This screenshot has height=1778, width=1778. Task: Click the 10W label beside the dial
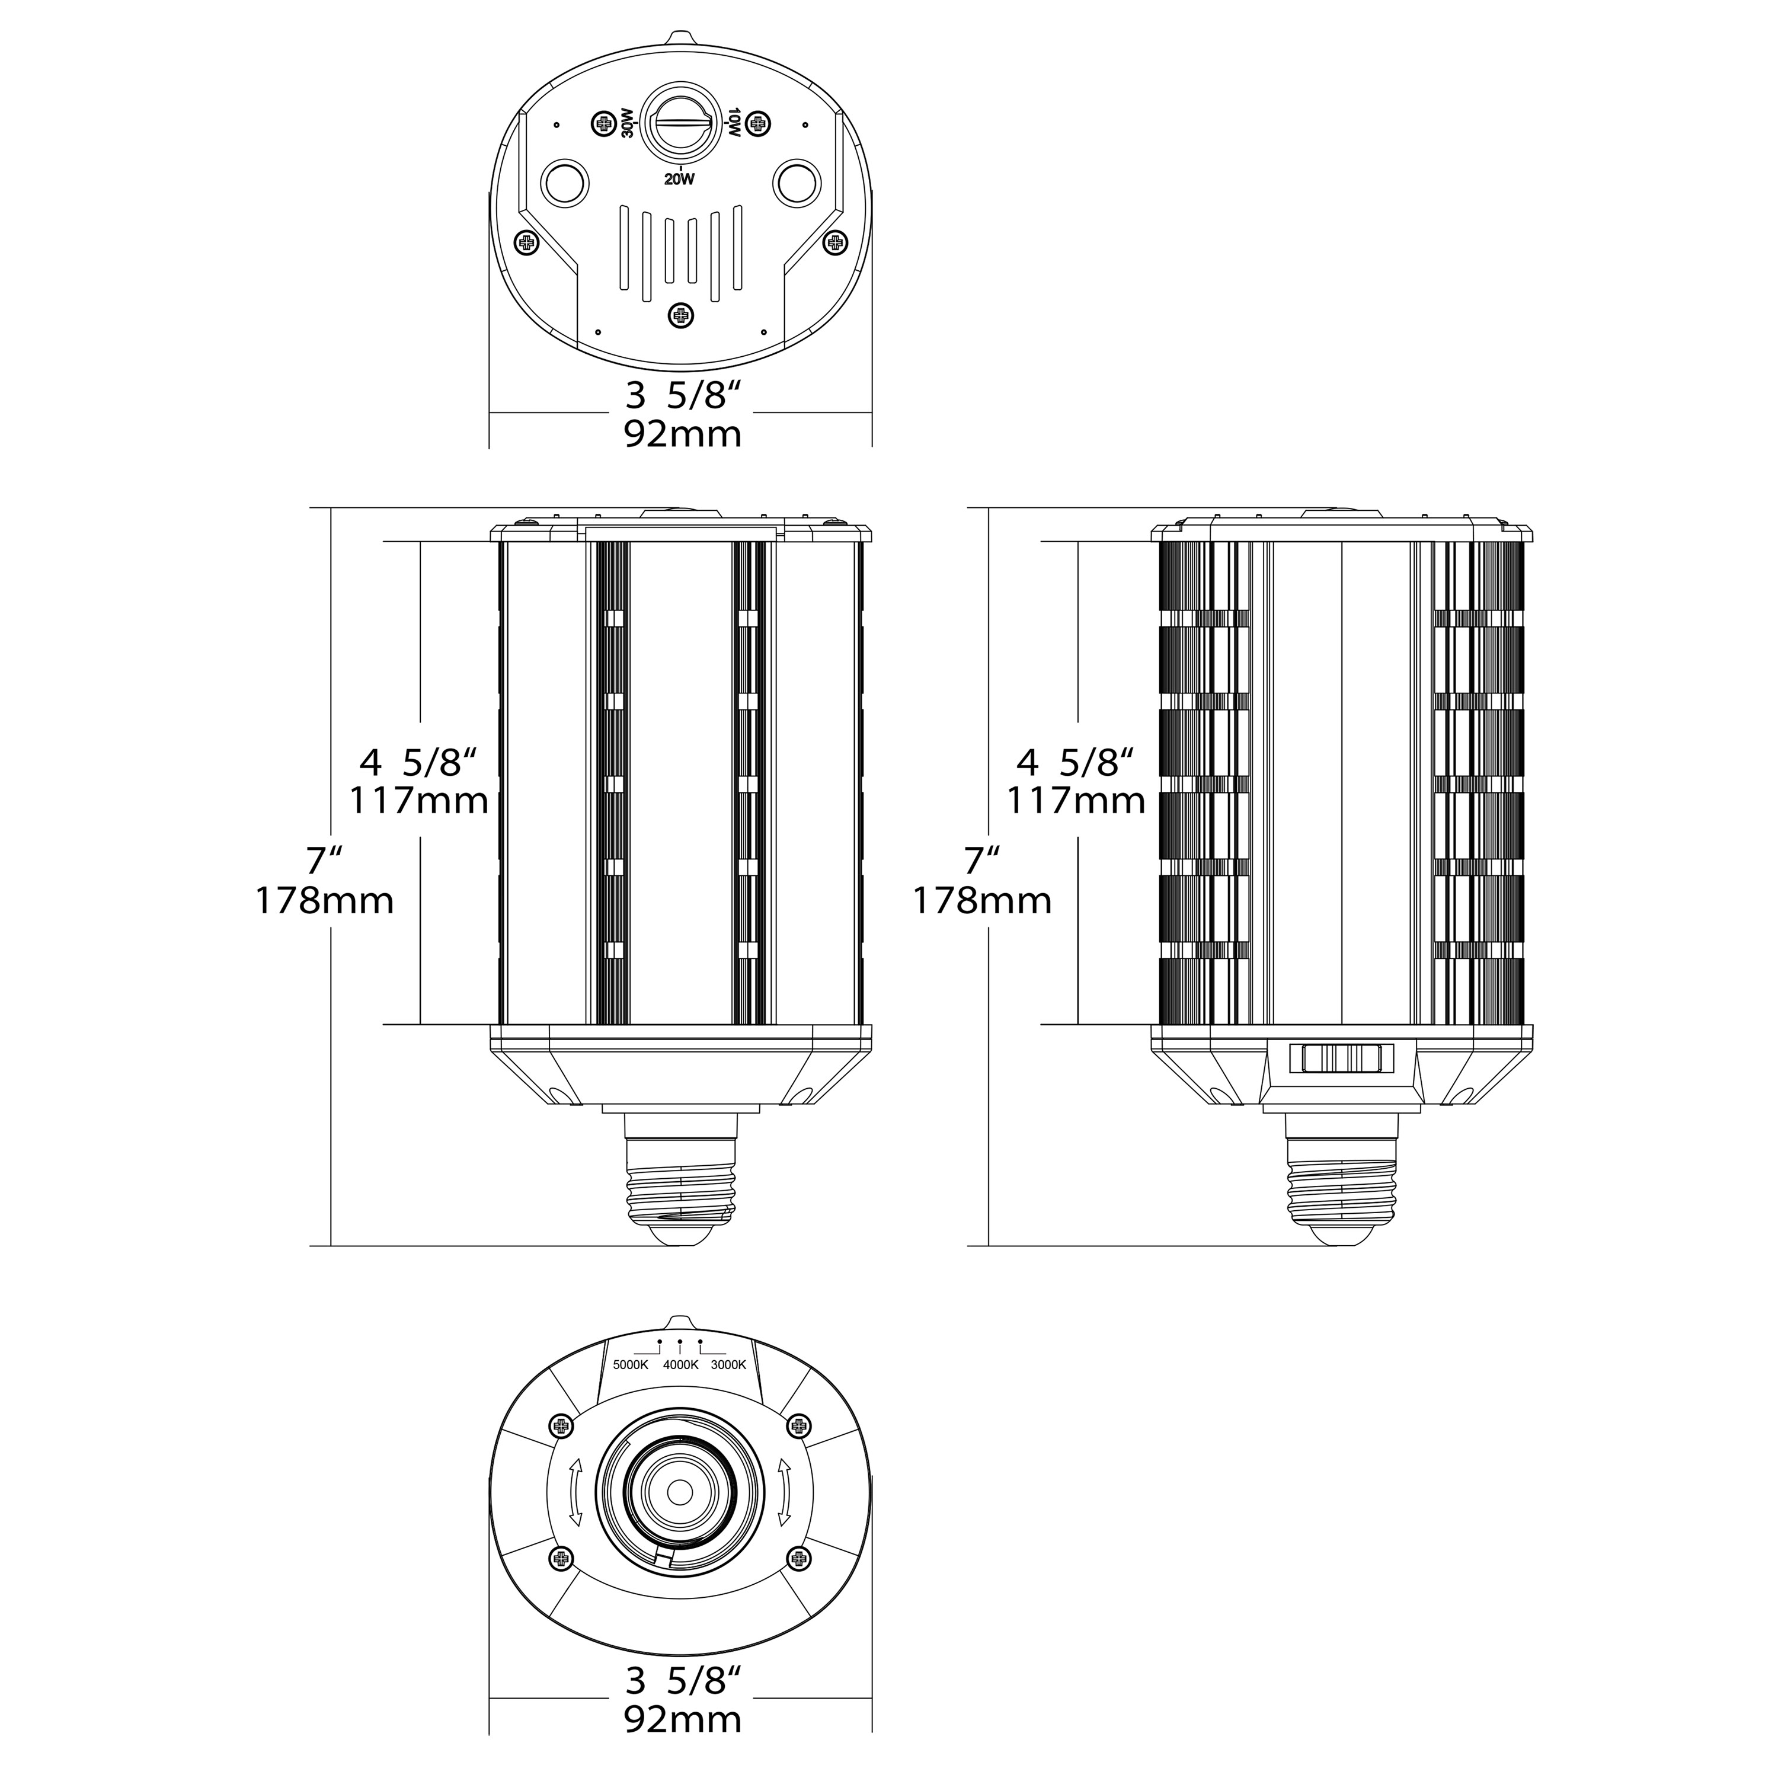pyautogui.click(x=734, y=123)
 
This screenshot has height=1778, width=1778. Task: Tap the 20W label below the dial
pyautogui.click(x=679, y=180)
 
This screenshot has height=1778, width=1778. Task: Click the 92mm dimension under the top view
pyautogui.click(x=683, y=433)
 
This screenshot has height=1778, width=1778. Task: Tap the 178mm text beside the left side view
pyautogui.click(x=324, y=900)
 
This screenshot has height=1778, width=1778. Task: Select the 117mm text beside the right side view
pyautogui.click(x=1075, y=800)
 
